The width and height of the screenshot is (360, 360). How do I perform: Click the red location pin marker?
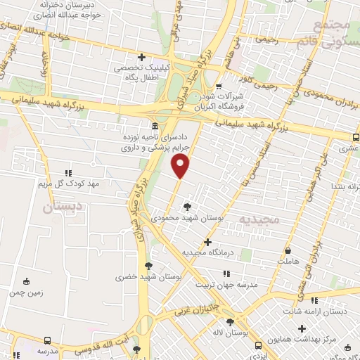[x=181, y=167]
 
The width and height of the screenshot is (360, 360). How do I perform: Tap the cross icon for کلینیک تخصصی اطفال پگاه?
[x=142, y=57]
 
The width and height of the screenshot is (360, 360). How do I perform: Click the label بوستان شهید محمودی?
[x=186, y=219]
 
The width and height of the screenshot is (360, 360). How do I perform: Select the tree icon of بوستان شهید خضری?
[x=148, y=265]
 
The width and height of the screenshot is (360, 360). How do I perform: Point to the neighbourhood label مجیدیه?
[x=259, y=219]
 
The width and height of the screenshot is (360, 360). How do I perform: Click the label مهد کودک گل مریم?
[x=67, y=183]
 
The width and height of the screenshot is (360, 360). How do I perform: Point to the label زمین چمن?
[x=27, y=292]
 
